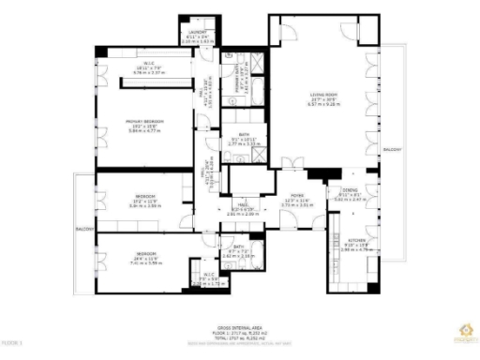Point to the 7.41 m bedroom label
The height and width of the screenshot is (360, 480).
coord(144,255)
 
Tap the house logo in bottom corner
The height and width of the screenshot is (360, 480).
coord(459,329)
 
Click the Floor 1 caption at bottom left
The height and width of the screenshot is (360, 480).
coord(11,343)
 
